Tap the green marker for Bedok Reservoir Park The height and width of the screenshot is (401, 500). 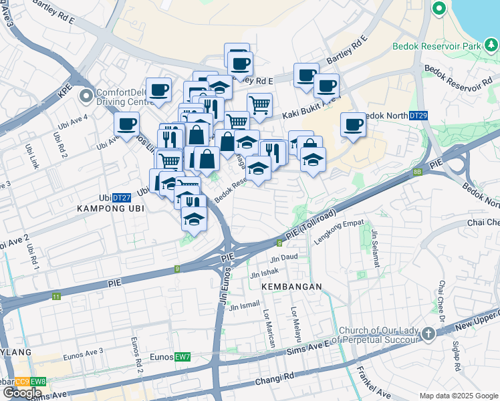(x=439, y=9)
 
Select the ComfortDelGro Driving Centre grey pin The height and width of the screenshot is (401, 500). (x=86, y=97)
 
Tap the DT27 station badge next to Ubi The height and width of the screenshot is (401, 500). (x=121, y=198)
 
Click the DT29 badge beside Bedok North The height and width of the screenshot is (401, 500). (x=418, y=116)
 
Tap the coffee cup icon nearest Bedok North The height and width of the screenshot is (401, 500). (x=353, y=124)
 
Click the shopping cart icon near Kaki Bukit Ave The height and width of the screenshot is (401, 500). (x=259, y=104)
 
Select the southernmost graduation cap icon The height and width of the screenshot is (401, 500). (x=194, y=219)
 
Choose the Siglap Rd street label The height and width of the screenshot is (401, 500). (x=455, y=358)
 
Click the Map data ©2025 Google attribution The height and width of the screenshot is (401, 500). (x=459, y=396)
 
